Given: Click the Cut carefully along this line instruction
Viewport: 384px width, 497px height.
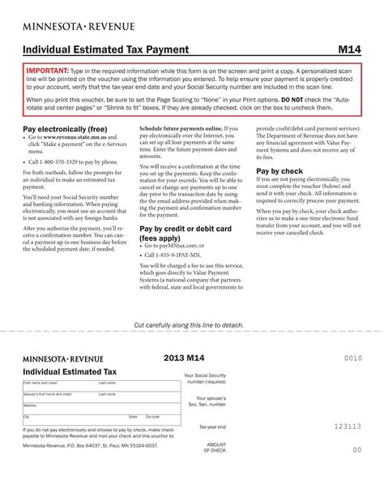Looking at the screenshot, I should tap(188, 324).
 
